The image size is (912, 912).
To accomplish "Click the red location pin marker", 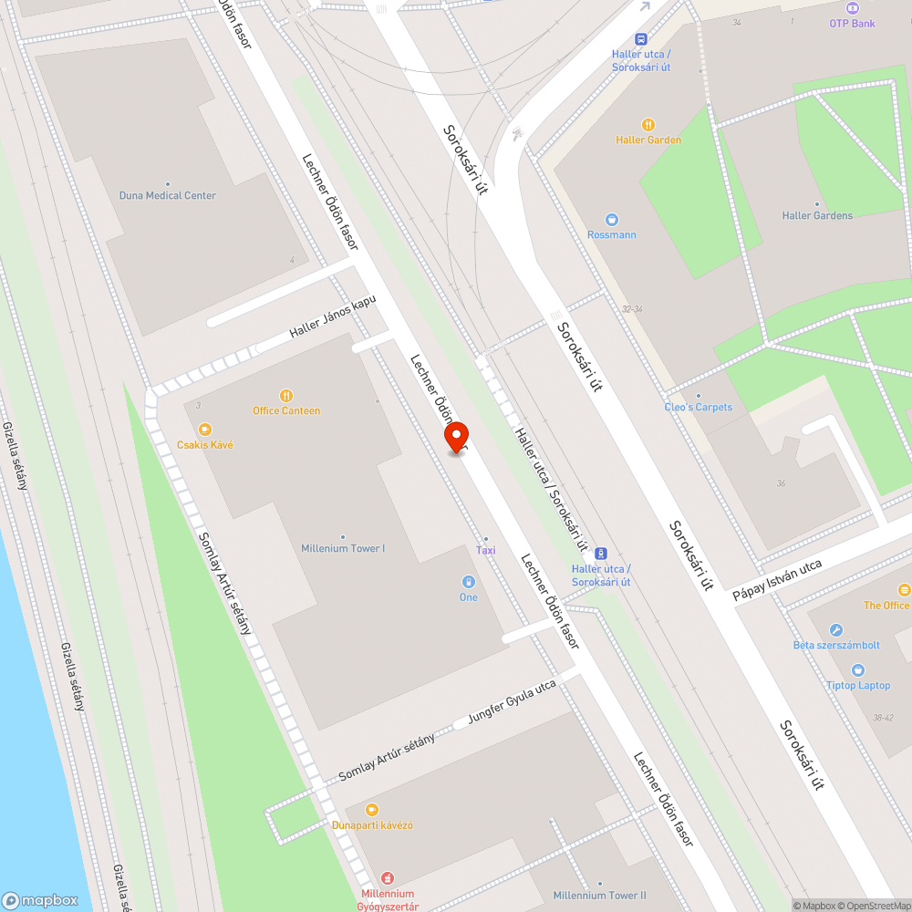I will tap(455, 437).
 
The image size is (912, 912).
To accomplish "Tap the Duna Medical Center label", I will tap(168, 195).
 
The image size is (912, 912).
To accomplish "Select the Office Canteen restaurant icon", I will tap(286, 396).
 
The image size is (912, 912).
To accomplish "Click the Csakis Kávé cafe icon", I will tap(205, 429).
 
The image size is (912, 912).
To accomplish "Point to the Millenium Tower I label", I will tap(343, 548).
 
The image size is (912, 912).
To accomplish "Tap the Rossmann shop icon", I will tap(612, 219).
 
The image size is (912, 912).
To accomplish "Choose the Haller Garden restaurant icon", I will tap(648, 125).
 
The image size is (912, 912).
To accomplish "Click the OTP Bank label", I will tap(852, 23).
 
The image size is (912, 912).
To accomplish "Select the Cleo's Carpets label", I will tap(699, 407).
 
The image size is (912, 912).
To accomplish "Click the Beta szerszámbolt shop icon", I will tap(836, 630).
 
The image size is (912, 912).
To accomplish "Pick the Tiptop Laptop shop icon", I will tap(858, 670).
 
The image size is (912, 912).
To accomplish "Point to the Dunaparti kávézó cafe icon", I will tap(371, 810).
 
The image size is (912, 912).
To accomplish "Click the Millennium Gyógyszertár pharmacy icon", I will tap(388, 878).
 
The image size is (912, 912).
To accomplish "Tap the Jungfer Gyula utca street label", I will tap(512, 703).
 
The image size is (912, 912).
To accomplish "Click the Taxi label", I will tap(486, 550).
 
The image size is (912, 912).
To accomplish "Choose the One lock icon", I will tap(468, 582).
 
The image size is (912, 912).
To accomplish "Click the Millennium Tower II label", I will tap(599, 896).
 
